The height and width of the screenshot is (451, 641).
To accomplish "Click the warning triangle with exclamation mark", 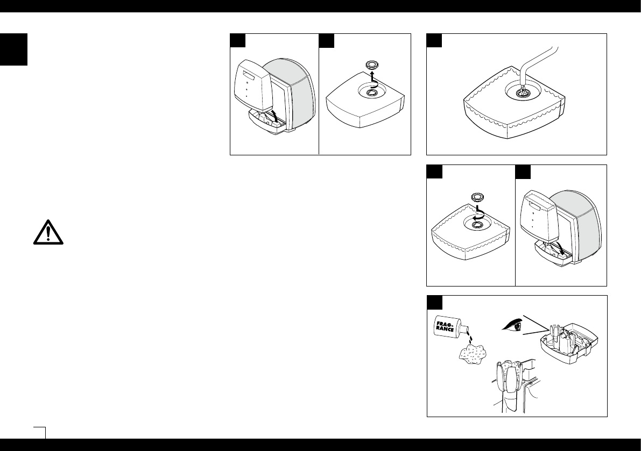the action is pos(47,232).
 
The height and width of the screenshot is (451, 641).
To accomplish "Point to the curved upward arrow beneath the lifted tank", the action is pos(275,116).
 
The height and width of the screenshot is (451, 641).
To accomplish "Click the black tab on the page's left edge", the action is pos(13,49).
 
